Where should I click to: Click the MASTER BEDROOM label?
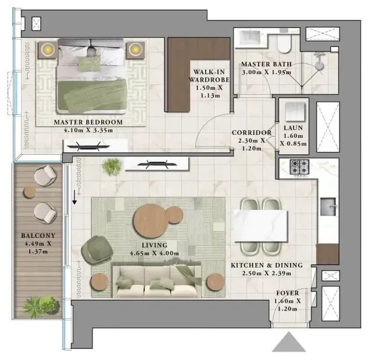pos(88,122)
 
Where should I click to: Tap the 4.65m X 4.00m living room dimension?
pos(154,253)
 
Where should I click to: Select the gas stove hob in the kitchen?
pos(299,167)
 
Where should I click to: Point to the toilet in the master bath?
pos(284,43)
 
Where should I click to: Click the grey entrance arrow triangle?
pos(289,342)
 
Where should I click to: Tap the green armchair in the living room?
pos(97,250)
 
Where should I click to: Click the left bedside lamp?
pos(48,50)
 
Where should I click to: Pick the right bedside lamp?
pos(135,50)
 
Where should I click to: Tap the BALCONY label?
pos(38,235)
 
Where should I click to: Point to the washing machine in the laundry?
pos(295,112)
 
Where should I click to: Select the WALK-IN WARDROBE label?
pos(209,76)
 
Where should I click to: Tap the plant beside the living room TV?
pos(112,166)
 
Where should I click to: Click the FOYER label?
pos(288,293)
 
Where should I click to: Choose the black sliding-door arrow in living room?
pos(75,197)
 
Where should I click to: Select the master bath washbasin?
pos(251,38)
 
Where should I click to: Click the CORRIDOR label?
pos(252,133)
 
